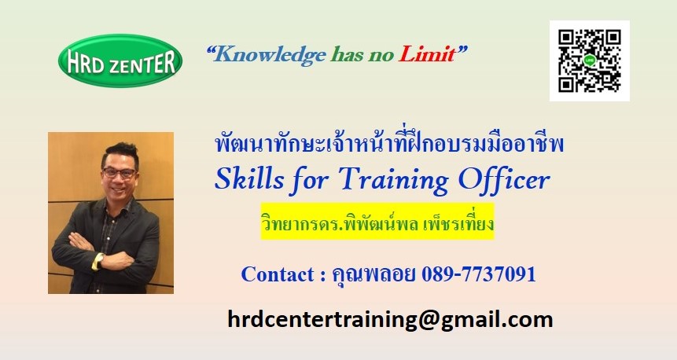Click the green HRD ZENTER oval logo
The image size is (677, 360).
coord(120,61)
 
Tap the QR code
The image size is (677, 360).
coord(590,61)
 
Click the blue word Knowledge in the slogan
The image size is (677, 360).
coord(270,55)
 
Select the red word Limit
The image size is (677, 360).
coord(427,54)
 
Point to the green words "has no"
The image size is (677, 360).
coord(362,54)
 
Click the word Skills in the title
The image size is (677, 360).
coord(249,178)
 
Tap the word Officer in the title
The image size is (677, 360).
coord(504,178)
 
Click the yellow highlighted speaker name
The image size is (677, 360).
coord(377,221)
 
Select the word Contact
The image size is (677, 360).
coord(278,274)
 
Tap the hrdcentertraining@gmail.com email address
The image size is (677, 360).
coord(390,320)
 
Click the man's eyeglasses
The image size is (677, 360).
coord(119,173)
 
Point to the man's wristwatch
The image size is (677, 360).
coord(99,261)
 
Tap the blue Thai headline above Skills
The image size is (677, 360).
coord(389,145)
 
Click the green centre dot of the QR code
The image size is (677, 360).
coord(590,61)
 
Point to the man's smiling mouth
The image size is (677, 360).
coord(118,189)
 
